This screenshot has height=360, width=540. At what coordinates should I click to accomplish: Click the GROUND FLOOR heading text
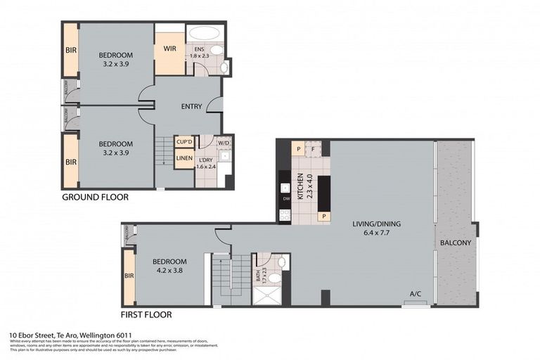coord(95,198)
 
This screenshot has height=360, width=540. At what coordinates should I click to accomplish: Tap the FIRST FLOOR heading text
coord(146,315)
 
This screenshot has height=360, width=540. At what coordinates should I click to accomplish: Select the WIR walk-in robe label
coord(169,49)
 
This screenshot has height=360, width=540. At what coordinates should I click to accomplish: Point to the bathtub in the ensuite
coord(205,33)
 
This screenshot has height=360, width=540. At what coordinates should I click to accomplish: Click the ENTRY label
coord(191,107)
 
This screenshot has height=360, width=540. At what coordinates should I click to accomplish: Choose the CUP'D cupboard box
coord(184,142)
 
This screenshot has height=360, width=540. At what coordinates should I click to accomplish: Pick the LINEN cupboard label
coord(184,158)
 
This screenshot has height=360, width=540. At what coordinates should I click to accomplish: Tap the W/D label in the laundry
coord(224,143)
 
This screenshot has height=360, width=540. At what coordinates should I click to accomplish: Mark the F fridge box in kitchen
coord(314,148)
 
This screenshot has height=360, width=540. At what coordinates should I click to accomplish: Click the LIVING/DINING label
coord(376,224)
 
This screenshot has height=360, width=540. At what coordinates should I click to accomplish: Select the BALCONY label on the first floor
coord(456,243)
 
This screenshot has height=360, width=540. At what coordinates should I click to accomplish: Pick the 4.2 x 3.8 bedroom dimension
coord(168,270)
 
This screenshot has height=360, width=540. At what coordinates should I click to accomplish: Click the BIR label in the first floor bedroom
coord(129,277)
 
